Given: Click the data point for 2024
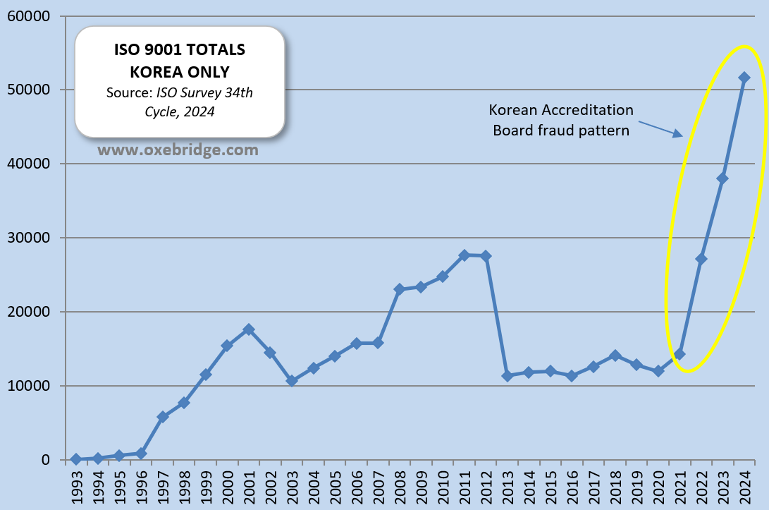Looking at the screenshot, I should [x=744, y=77].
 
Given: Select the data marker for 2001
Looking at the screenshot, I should [x=249, y=329].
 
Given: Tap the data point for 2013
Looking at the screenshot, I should [x=507, y=375].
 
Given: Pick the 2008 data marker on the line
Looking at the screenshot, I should [x=399, y=289].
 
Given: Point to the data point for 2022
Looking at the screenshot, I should [x=701, y=259].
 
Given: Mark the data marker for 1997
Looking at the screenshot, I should [x=163, y=417].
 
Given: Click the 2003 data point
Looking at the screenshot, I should [x=292, y=380].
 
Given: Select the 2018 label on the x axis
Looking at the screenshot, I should [x=615, y=486].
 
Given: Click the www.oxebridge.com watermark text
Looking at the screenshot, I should [x=178, y=150].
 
